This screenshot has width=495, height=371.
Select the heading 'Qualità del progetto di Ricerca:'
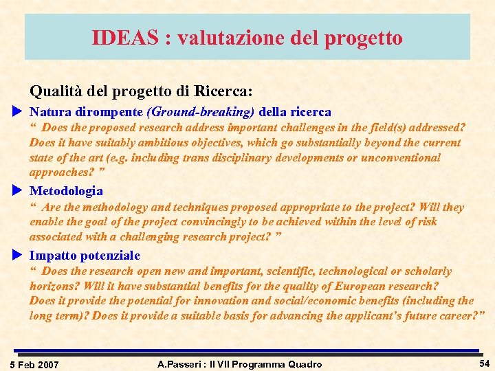[x=141, y=90]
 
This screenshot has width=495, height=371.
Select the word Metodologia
[x=66, y=191]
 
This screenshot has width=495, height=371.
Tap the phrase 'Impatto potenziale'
[x=85, y=256]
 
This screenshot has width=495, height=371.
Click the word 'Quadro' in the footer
[x=303, y=363]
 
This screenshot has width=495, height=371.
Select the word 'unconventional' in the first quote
[x=401, y=157]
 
